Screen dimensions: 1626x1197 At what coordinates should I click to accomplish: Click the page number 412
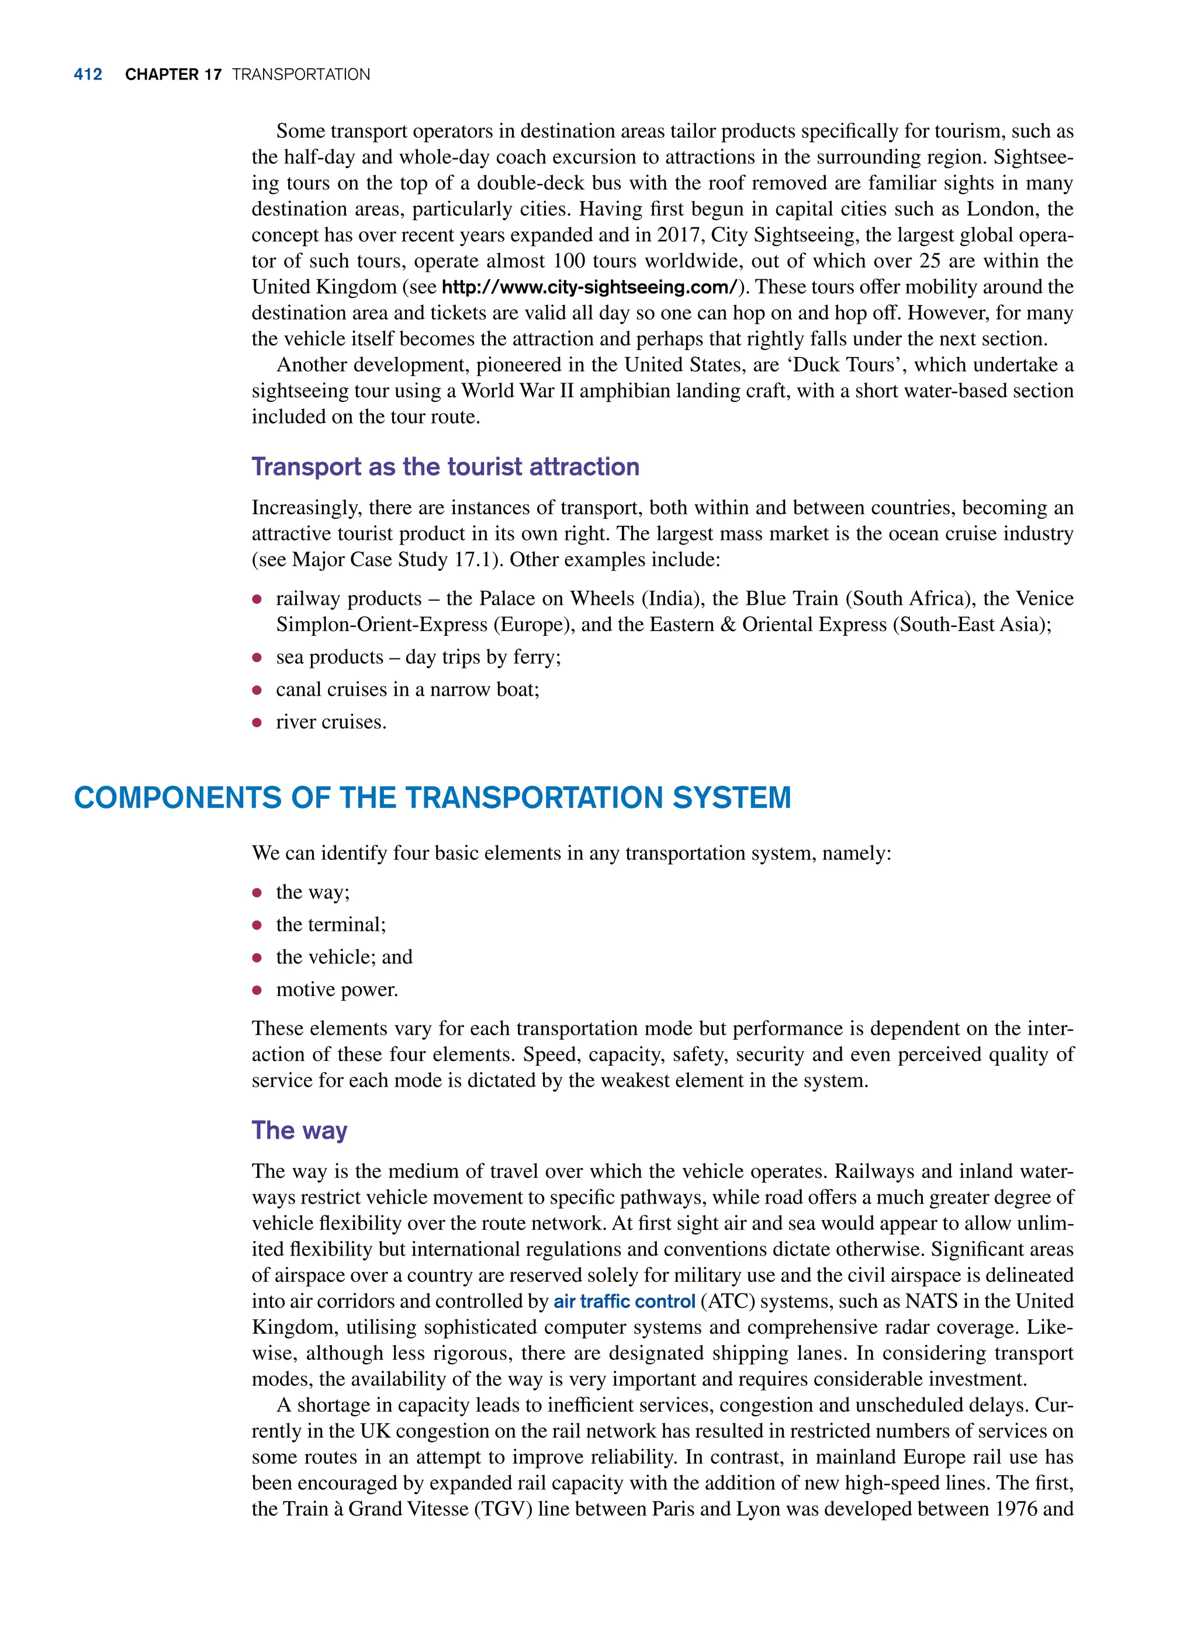(x=88, y=75)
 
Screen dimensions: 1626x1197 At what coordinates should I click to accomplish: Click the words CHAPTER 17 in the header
(x=173, y=75)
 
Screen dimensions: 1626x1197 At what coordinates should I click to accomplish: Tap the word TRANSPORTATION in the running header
(x=300, y=75)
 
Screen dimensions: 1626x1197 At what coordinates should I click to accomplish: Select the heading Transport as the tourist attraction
(x=445, y=467)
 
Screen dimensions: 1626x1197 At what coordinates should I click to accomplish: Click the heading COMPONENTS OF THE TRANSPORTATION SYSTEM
(x=432, y=798)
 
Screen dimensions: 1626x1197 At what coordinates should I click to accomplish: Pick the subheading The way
(x=299, y=1131)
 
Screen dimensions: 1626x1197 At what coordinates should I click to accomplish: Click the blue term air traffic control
(x=624, y=1302)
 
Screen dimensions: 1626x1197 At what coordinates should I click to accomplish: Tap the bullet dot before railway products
(x=257, y=599)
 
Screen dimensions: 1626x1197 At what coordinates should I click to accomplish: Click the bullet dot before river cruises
(x=257, y=723)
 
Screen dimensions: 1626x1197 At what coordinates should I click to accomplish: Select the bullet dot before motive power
(x=257, y=991)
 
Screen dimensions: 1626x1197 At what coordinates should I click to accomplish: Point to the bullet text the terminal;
(x=330, y=925)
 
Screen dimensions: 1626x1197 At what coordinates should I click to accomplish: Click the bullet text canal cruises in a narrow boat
(x=407, y=689)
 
